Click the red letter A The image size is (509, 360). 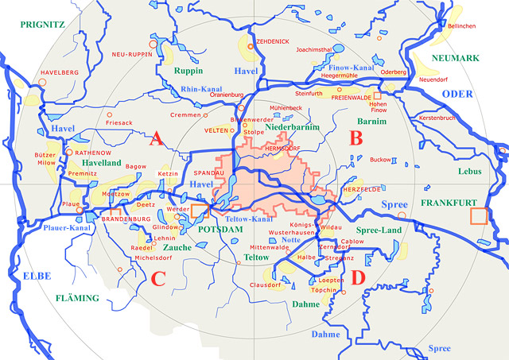click(x=156, y=140)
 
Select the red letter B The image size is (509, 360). click(x=356, y=138)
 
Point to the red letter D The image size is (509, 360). click(x=357, y=277)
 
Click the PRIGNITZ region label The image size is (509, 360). click(x=38, y=25)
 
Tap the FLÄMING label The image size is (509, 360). click(x=78, y=299)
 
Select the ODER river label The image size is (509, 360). click(x=457, y=94)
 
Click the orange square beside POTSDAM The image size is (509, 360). click(x=199, y=211)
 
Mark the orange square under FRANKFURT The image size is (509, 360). click(x=479, y=216)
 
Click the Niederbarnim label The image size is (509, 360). click(x=293, y=127)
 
